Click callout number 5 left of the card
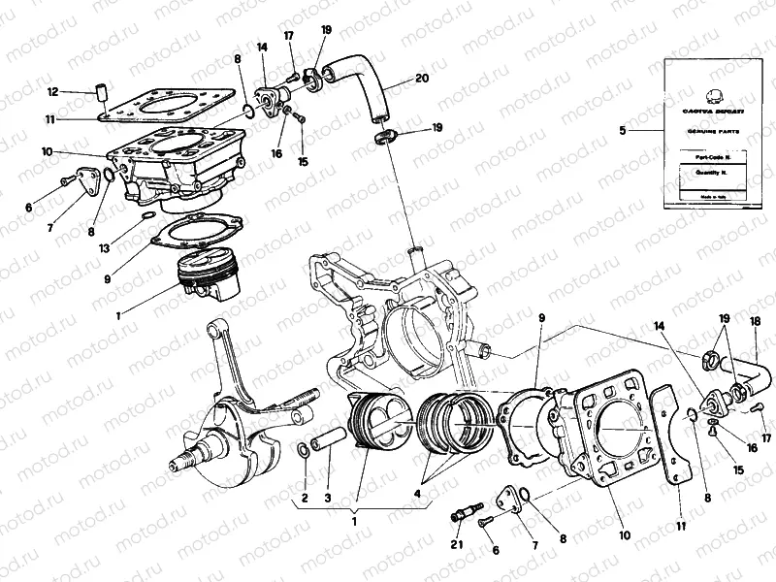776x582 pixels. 625,130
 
